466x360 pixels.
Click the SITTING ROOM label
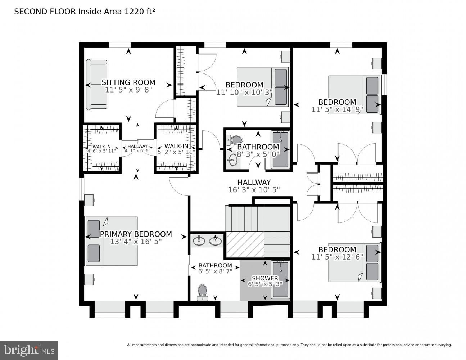click(x=128, y=82)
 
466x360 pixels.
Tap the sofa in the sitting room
click(x=96, y=85)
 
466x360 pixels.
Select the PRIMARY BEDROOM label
click(x=136, y=234)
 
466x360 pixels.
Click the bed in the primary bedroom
click(x=111, y=241)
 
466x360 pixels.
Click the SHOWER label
click(x=265, y=278)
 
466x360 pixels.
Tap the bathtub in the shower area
click(x=281, y=279)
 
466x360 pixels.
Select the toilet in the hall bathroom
click(x=236, y=139)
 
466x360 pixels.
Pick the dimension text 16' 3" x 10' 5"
click(x=254, y=190)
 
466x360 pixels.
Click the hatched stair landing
click(x=244, y=244)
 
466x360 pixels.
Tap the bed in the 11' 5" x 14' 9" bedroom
click(x=354, y=94)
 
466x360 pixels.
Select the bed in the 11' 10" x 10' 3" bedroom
click(x=263, y=87)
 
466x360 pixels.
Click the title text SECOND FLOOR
click(x=45, y=12)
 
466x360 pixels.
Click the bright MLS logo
click(x=29, y=350)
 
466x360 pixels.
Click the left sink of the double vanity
click(x=199, y=240)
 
